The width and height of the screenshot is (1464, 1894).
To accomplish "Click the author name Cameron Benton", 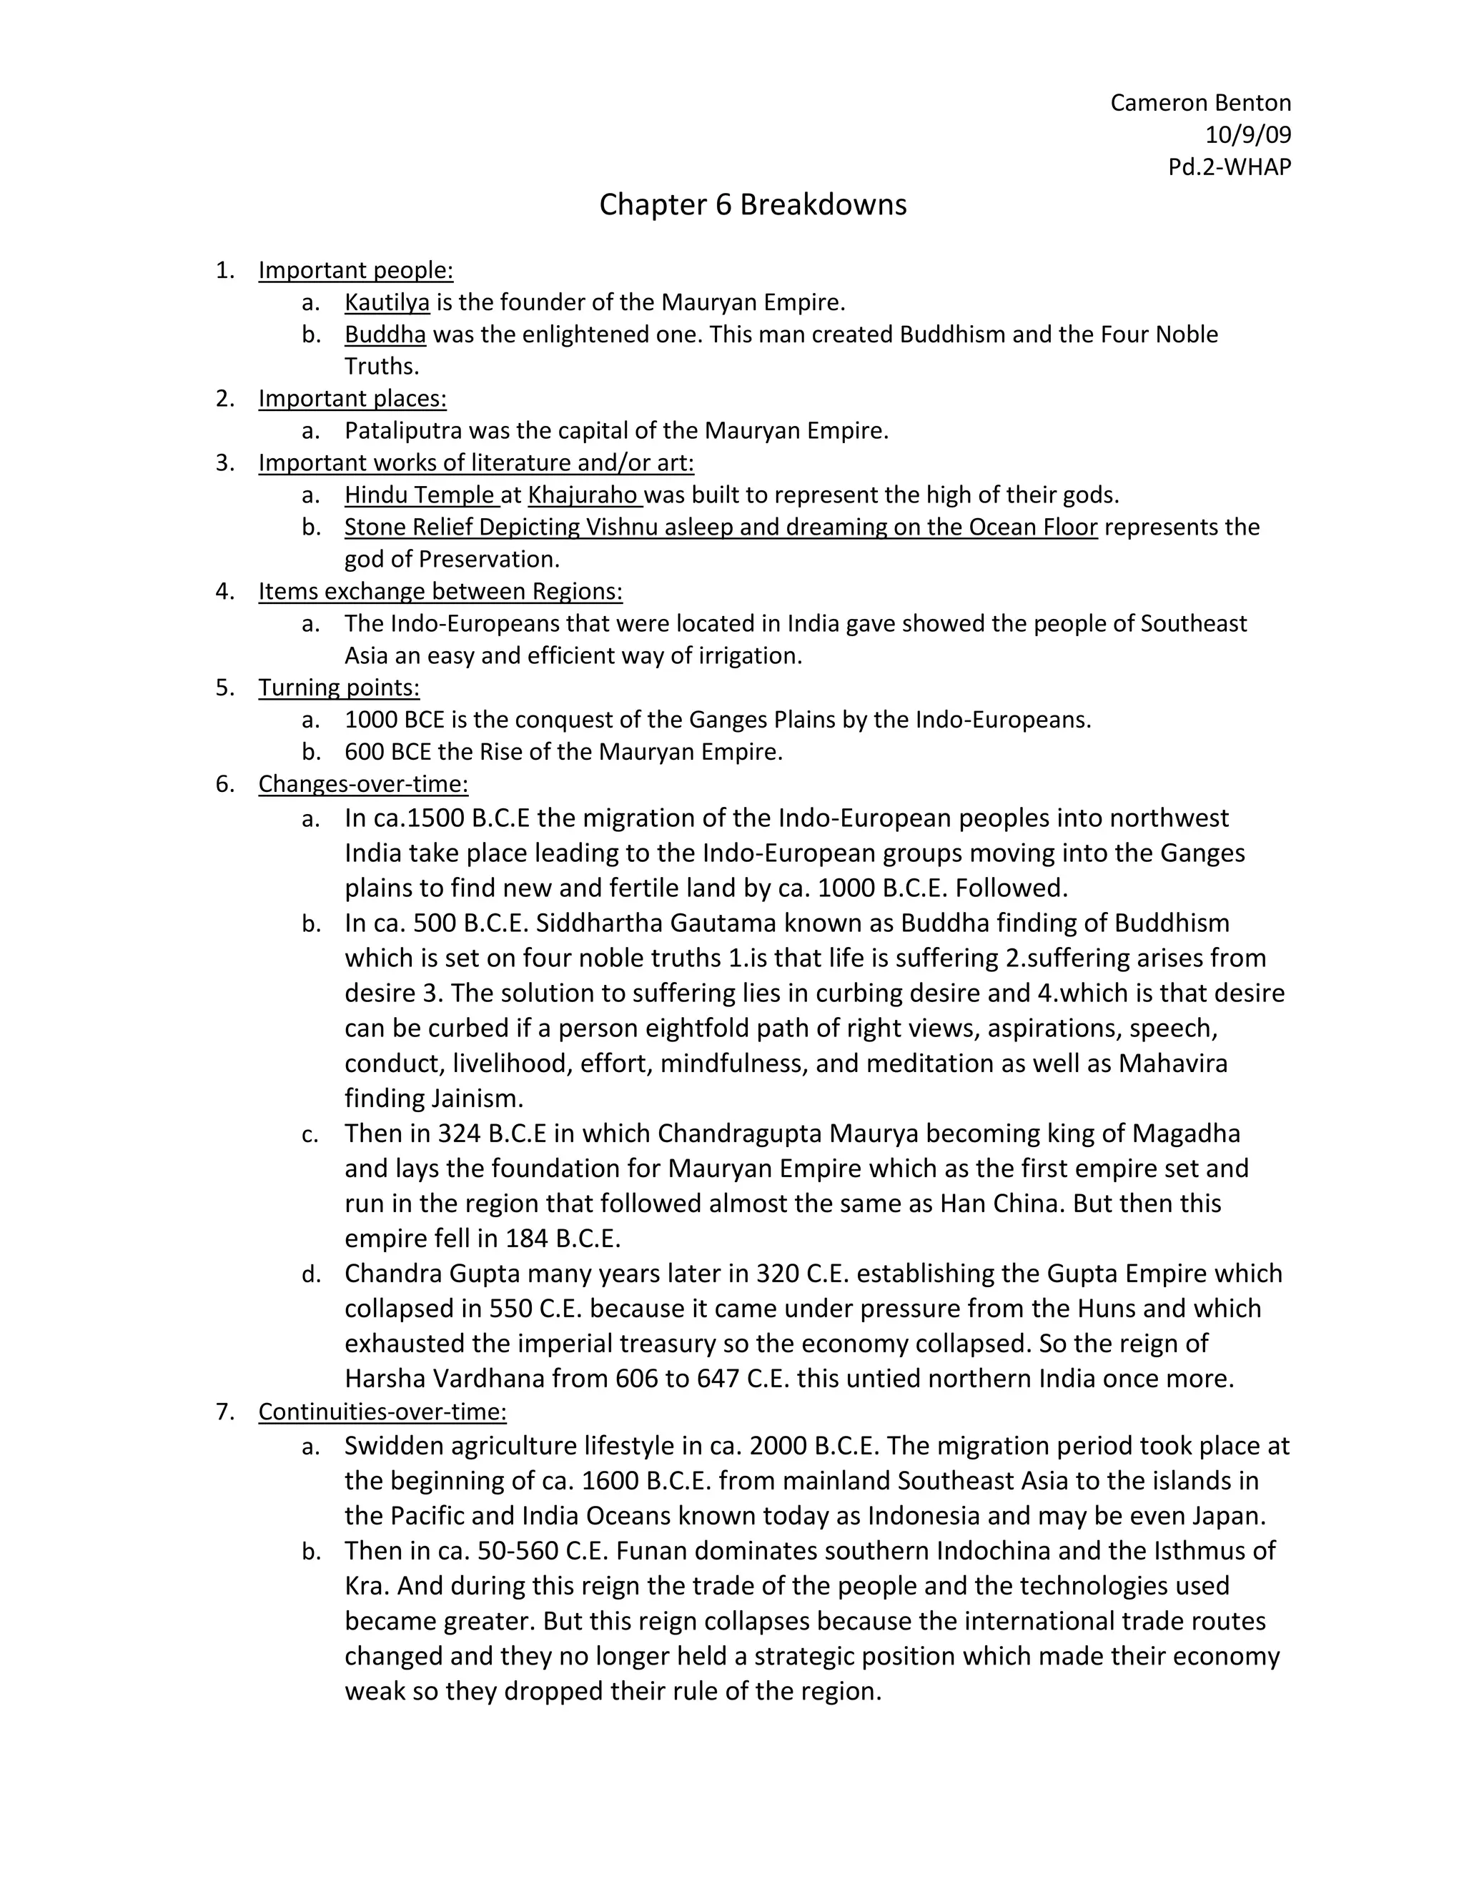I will click(x=1200, y=103).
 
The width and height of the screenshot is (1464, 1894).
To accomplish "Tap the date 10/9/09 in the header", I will click(x=1247, y=135).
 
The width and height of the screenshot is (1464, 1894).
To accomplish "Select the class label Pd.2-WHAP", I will click(x=1229, y=167).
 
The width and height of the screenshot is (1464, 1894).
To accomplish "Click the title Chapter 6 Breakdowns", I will click(x=752, y=204).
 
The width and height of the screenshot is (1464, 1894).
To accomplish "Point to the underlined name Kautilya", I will click(x=387, y=302).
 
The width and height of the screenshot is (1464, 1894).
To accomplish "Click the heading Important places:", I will click(x=352, y=399).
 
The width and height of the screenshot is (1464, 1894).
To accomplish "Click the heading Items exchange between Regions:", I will click(x=440, y=592).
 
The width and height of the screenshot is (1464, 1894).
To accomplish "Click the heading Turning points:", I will click(x=338, y=688).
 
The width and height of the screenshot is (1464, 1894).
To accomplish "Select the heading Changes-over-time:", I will click(x=362, y=784).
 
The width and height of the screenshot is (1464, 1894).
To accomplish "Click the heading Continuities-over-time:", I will click(x=382, y=1412).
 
